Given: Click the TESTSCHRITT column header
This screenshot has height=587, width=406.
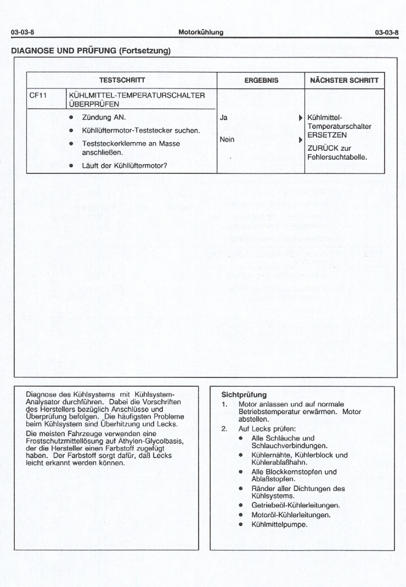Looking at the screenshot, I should tap(122, 80).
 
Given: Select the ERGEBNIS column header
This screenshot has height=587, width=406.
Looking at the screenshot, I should tap(261, 80).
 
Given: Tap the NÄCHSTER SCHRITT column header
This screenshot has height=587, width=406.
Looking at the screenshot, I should tap(344, 80).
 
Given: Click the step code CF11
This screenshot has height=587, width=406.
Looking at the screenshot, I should tap(37, 95).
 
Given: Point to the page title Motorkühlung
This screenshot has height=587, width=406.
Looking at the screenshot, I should tap(201, 32).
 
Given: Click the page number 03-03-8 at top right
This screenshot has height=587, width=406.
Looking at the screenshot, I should tap(386, 33).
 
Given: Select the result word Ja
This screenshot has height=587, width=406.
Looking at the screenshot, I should tap(223, 117).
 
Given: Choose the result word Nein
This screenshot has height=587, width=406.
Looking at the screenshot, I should tap(227, 139).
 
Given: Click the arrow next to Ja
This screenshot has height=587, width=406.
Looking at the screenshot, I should tap(300, 118).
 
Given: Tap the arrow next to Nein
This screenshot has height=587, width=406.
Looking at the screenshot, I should tap(300, 140).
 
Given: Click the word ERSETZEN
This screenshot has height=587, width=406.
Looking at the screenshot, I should tap(327, 135).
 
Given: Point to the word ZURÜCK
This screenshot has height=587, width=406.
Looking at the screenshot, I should tap(323, 148).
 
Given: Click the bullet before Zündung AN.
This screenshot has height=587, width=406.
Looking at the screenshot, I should tap(71, 117).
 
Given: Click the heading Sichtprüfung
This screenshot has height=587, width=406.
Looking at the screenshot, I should tap(244, 394).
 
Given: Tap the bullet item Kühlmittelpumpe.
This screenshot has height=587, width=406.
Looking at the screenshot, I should tap(279, 524).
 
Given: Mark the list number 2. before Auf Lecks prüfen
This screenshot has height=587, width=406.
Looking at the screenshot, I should tap(224, 428).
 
